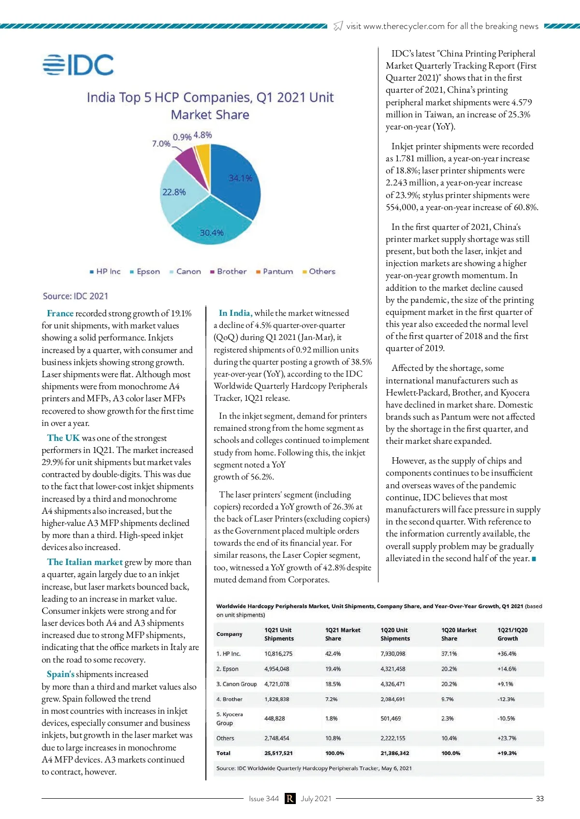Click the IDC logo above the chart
pyautogui.click(x=78, y=65)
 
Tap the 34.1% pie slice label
pyautogui.click(x=240, y=178)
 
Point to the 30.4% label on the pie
pyautogui.click(x=212, y=233)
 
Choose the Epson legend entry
pyautogui.click(x=145, y=271)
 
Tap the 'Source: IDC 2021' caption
pyautogui.click(x=75, y=296)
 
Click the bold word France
pyautogui.click(x=60, y=313)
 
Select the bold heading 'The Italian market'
pyautogui.click(x=85, y=562)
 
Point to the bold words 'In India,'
pyautogui.click(x=235, y=313)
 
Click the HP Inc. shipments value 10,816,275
pyautogui.click(x=278, y=654)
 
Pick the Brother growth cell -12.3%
pyautogui.click(x=506, y=699)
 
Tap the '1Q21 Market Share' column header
pyautogui.click(x=343, y=634)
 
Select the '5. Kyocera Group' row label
pyautogui.click(x=229, y=719)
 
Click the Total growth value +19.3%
pyautogui.click(x=507, y=753)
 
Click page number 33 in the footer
pyautogui.click(x=540, y=799)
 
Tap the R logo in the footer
pyautogui.click(x=290, y=799)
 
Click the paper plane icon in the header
pyautogui.click(x=338, y=26)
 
